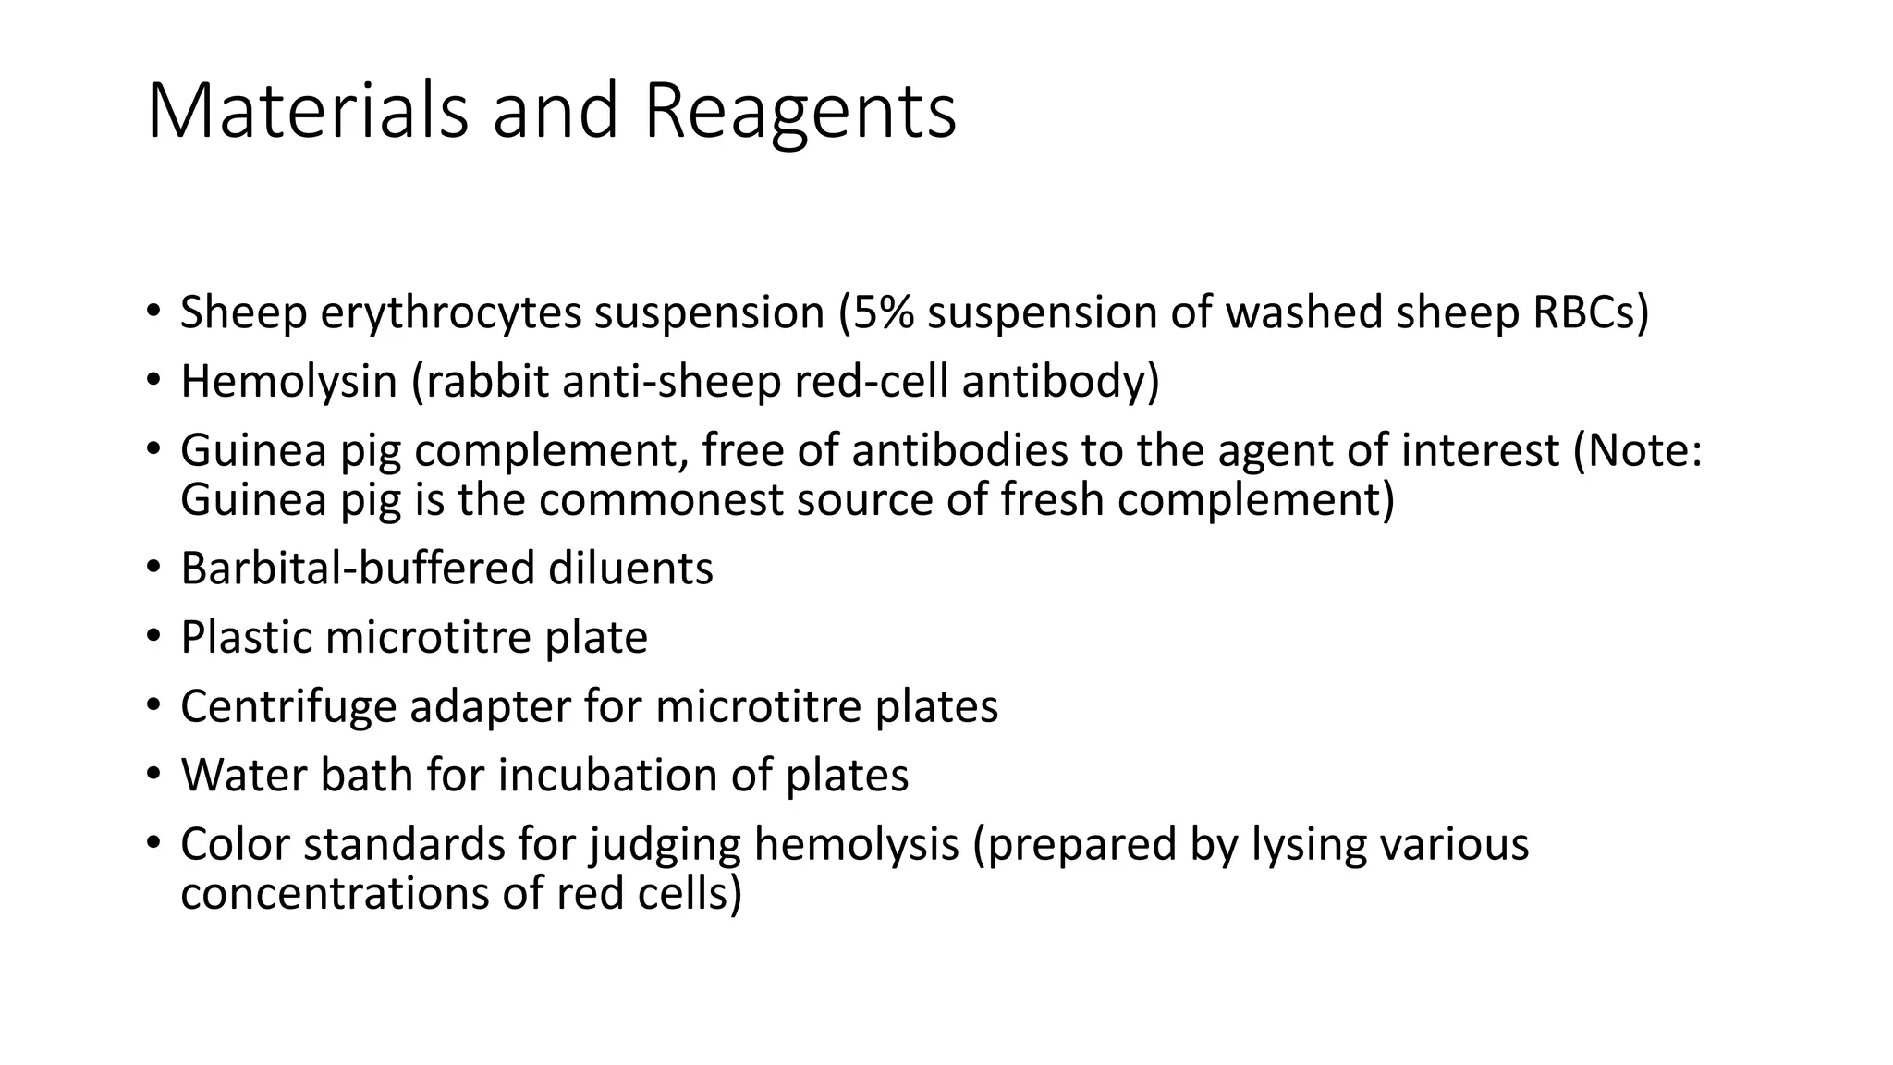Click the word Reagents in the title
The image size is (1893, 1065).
(x=800, y=112)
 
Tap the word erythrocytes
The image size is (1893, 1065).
(x=451, y=312)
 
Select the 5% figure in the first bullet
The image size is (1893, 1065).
(x=883, y=312)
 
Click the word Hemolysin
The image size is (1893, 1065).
(x=288, y=381)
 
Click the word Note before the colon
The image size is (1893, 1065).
(x=1638, y=450)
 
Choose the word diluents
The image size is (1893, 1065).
(x=630, y=568)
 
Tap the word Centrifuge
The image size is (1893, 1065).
(x=288, y=706)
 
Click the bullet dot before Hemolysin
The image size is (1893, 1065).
(x=153, y=379)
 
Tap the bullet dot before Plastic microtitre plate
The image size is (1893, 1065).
(x=153, y=635)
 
